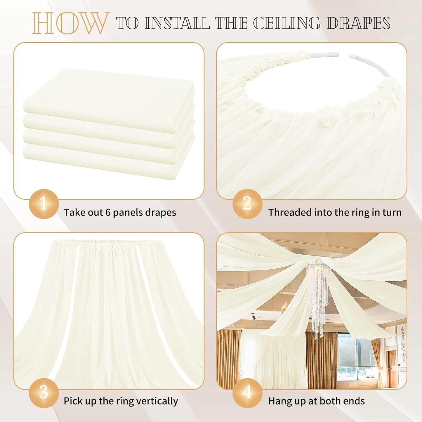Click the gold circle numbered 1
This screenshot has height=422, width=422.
point(44,204)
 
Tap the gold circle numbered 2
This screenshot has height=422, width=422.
point(247,204)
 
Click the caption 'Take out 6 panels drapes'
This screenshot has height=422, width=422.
point(120,212)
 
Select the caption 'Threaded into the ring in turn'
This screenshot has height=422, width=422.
point(335,212)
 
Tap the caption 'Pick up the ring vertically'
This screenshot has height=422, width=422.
point(121,401)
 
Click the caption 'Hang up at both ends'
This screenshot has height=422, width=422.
point(316,401)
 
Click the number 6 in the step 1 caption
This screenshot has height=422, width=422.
point(108,212)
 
